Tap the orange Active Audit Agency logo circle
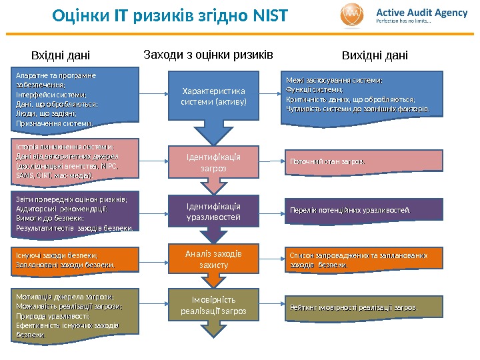(353, 15)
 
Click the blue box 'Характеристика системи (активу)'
(213, 97)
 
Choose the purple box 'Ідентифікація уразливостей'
(213, 211)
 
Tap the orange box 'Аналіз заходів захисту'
(213, 259)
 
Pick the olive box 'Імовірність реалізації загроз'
(213, 305)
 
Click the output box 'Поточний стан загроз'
(364, 161)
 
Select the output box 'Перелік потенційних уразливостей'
(364, 210)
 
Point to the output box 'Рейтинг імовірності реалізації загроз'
(364, 307)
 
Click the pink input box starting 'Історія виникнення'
(74, 161)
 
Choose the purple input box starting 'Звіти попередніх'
(74, 213)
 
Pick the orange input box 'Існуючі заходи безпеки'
(74, 260)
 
